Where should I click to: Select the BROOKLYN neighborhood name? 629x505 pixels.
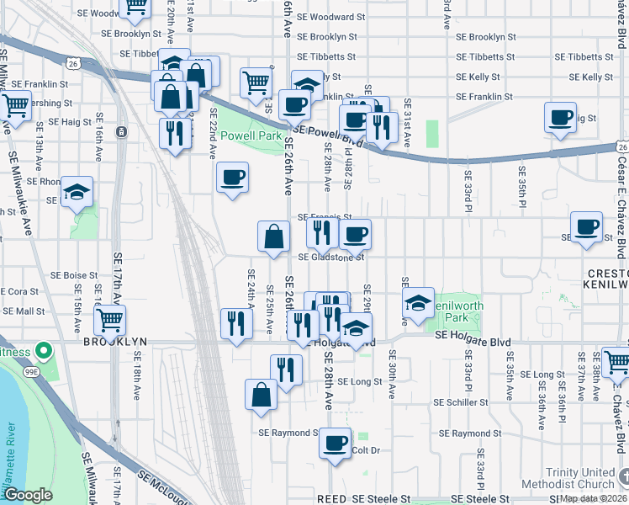tap(115, 342)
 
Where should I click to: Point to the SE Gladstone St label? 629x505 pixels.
tap(331, 258)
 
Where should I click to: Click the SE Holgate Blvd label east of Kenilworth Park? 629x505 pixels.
tap(473, 335)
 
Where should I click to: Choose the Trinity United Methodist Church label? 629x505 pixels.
tap(579, 478)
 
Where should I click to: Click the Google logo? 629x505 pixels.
tap(28, 496)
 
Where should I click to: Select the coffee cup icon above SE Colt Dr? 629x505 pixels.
tap(335, 441)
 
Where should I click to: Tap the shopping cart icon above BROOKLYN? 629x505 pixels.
tap(109, 319)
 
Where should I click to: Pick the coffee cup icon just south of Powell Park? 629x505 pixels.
tap(232, 177)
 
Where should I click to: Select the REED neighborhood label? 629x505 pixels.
tap(330, 499)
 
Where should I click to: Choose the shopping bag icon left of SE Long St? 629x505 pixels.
tap(262, 394)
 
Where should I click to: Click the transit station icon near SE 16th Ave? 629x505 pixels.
tap(122, 132)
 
